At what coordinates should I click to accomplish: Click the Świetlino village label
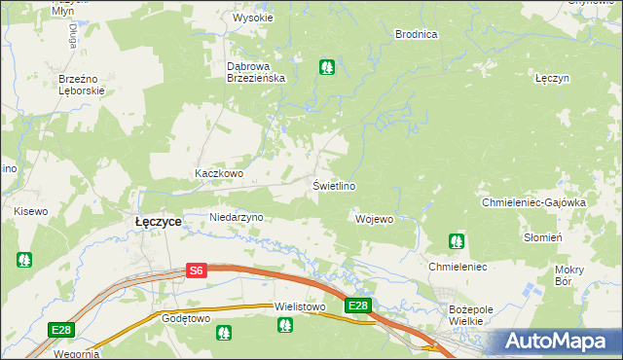pos(333,186)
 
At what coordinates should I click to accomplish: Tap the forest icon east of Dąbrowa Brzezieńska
pos(327,67)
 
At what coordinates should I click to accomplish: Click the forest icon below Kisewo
pos(23,260)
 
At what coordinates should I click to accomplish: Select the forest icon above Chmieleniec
pos(456,240)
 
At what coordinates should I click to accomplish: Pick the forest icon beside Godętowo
pos(224,333)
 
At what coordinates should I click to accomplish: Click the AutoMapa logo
pos(559,342)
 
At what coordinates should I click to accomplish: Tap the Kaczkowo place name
pos(218,174)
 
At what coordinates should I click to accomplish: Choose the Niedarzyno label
pos(237,218)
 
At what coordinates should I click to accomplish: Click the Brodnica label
pos(416,34)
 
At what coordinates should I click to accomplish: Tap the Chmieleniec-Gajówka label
pos(546,202)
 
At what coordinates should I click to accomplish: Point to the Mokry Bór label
pos(568,274)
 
